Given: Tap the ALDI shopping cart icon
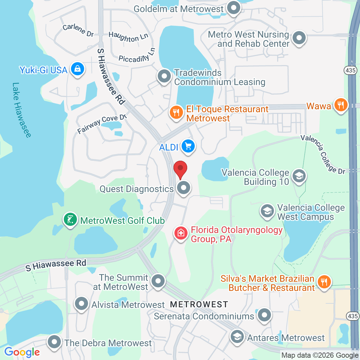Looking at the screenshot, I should coord(188,146).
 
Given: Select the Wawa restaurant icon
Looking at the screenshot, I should coord(341,105).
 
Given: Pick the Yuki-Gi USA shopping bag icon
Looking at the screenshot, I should coord(77,69).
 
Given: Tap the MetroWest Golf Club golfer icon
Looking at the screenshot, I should coord(70,220).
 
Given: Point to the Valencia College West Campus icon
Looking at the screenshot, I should coord(267,211).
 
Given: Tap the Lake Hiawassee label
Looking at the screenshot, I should coord(21,110).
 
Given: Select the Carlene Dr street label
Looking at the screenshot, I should coord(78,30).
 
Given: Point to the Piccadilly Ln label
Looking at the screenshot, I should coord(137,56).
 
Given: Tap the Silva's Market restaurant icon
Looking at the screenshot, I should coord(324,281).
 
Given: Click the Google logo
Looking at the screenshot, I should coord(22,352).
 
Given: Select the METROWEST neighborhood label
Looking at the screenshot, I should coord(199,304).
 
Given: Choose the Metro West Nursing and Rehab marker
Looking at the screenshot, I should coord(298,38).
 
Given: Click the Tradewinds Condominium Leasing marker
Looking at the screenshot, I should coord(164,77).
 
